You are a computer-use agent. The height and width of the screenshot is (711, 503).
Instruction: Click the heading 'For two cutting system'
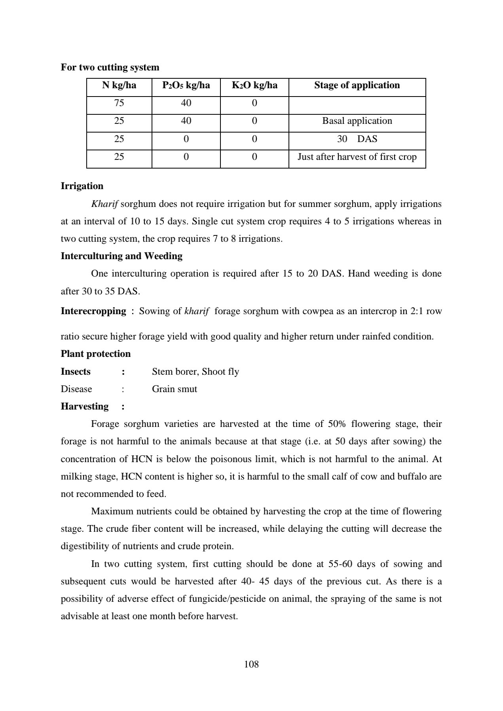pyautogui.click(x=110, y=67)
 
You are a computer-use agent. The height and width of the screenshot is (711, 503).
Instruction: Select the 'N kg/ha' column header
pyautogui.click(x=119, y=85)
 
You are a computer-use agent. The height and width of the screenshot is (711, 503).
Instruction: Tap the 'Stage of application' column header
pyautogui.click(x=357, y=85)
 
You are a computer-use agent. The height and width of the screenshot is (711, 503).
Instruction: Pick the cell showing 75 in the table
pyautogui.click(x=119, y=103)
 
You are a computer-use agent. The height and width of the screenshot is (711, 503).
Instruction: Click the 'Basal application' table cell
pyautogui.click(x=357, y=121)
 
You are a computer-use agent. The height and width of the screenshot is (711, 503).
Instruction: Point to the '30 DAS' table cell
pyautogui.click(x=357, y=139)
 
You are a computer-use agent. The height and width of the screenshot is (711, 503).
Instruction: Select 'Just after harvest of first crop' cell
pyautogui.click(x=357, y=157)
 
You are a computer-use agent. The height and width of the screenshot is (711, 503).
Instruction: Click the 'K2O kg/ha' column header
pyautogui.click(x=254, y=85)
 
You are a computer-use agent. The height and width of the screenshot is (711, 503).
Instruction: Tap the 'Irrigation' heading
pyautogui.click(x=82, y=186)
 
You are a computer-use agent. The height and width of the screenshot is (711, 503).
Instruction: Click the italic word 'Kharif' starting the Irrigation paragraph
pyautogui.click(x=104, y=204)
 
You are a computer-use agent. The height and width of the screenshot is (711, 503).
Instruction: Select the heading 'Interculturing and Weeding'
pyautogui.click(x=121, y=256)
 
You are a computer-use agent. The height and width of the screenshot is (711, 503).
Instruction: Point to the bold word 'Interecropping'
pyautogui.click(x=93, y=311)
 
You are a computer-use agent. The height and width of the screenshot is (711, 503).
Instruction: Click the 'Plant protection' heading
pyautogui.click(x=95, y=354)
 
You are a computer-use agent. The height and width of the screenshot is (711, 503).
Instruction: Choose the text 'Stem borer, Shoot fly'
pyautogui.click(x=196, y=372)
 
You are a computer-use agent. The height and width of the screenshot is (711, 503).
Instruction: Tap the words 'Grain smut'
pyautogui.click(x=175, y=389)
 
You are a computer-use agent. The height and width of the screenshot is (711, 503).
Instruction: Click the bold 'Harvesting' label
pyautogui.click(x=84, y=406)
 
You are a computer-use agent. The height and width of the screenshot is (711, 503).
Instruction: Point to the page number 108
pyautogui.click(x=251, y=664)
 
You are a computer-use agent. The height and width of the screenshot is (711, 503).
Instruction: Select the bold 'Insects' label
pyautogui.click(x=76, y=372)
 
